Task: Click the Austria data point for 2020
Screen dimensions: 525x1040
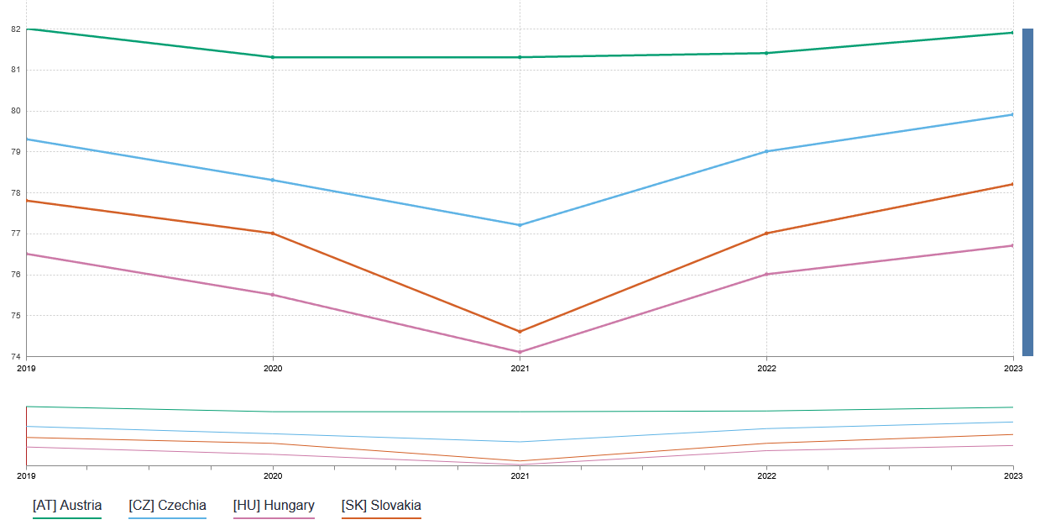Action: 273,57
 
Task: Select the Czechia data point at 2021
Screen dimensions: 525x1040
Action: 520,225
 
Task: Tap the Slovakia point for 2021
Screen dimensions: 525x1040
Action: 520,332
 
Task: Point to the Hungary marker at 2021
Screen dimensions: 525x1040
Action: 520,352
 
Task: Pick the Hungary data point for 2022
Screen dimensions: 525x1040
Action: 766,274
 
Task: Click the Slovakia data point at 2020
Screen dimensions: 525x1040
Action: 273,234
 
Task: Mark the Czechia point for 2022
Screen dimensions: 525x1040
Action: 766,151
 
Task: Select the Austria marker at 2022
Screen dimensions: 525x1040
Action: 766,53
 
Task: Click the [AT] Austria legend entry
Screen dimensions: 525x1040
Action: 67,506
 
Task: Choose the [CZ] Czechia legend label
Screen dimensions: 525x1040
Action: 167,506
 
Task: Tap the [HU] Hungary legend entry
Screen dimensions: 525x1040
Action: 274,506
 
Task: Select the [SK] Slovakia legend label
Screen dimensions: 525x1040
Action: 381,506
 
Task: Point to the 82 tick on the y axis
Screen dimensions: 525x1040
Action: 15,29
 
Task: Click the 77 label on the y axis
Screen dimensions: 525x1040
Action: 15,234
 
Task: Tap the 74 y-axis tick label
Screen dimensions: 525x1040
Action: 15,357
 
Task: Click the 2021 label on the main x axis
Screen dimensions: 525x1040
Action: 520,368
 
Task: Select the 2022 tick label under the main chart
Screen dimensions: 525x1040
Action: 766,368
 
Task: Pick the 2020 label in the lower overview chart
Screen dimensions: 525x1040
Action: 273,475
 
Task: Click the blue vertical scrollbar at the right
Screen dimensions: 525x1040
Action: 1027,192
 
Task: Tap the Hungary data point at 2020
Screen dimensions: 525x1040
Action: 273,295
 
